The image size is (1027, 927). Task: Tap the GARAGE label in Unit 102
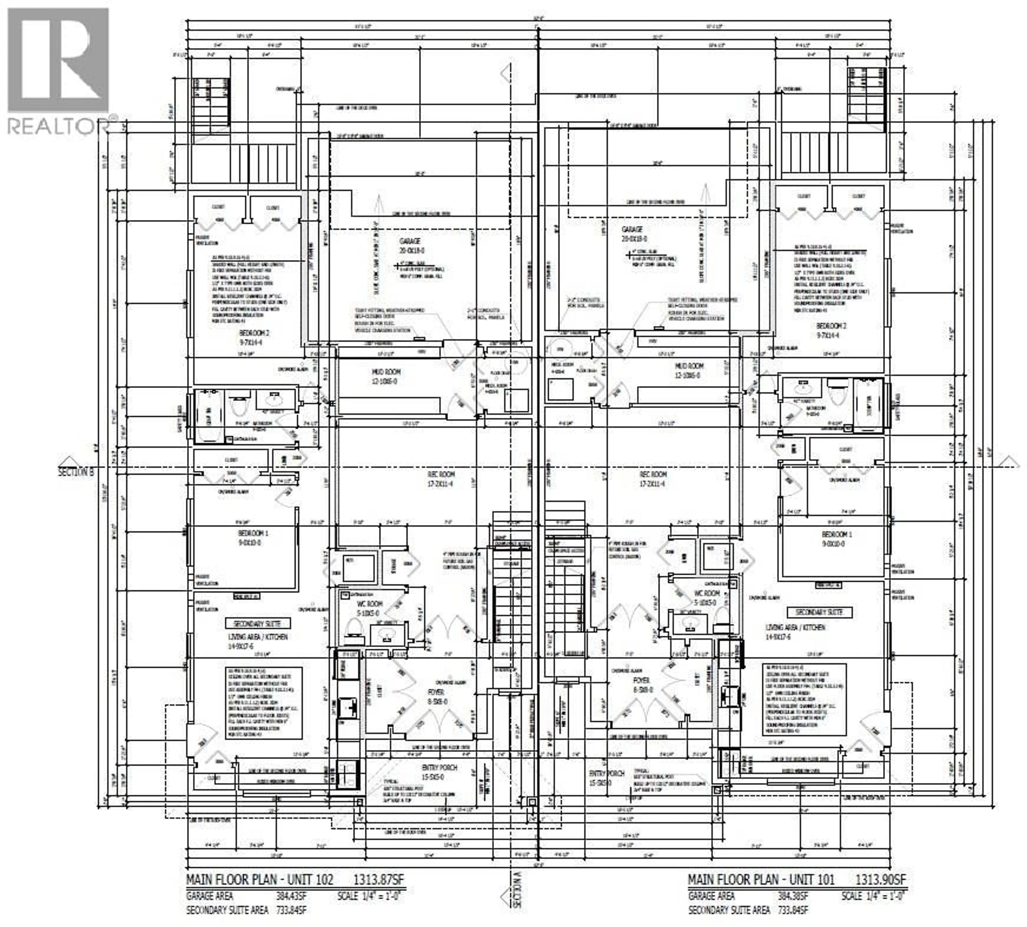coord(410,241)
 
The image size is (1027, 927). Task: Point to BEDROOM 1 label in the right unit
coord(837,534)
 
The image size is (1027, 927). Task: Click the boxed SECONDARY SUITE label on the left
coord(257,623)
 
